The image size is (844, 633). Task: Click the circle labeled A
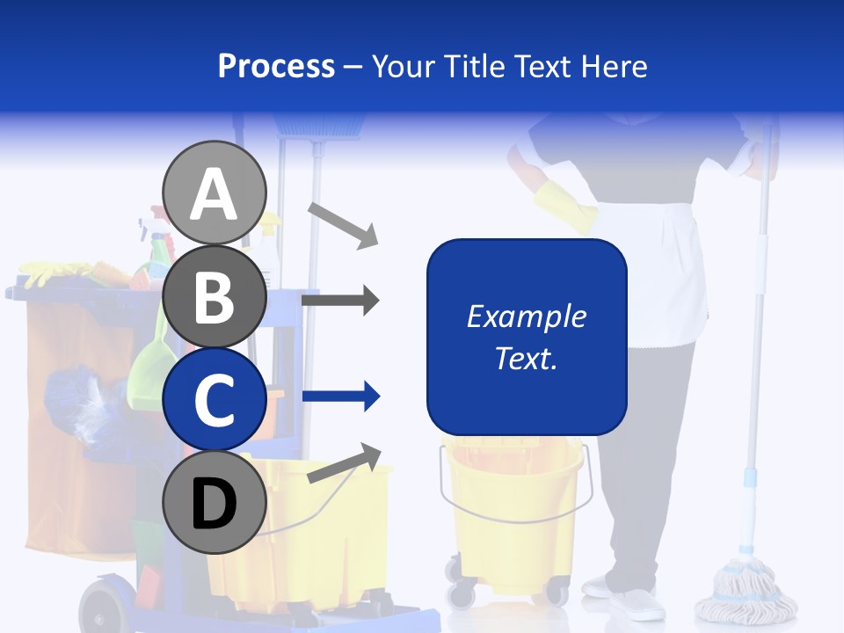coord(215,193)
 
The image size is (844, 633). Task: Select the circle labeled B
coord(215,296)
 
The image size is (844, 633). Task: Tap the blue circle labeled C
coord(215,399)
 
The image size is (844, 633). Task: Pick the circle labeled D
coord(215,503)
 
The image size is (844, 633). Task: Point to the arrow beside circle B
coord(340,301)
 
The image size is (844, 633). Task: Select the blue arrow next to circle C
coord(341,397)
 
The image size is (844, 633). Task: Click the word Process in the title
coord(276,66)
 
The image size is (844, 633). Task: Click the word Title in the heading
coord(473,66)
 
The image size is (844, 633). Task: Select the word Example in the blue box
coord(527,316)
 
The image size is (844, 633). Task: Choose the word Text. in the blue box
coord(527,358)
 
